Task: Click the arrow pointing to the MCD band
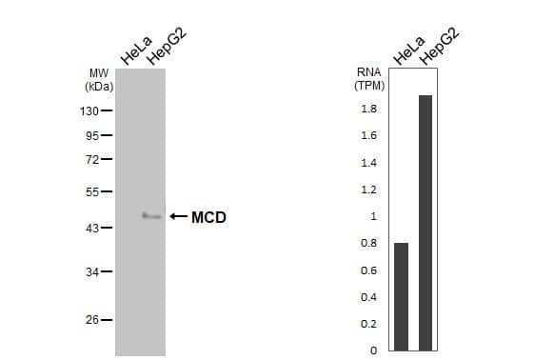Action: point(178,217)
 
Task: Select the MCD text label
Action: point(208,217)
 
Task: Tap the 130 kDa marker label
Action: point(90,110)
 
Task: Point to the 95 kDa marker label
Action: point(92,135)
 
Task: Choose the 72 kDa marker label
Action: point(92,159)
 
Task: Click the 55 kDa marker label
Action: point(92,192)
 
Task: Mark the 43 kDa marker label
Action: point(92,228)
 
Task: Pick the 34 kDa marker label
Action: point(92,272)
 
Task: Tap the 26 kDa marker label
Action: point(92,320)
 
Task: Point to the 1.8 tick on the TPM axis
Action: point(368,110)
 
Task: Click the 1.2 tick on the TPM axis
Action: point(368,190)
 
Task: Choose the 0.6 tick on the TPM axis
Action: point(368,270)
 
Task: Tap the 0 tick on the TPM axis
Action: point(372,350)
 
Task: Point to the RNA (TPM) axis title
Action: point(368,78)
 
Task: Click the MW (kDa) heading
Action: point(99,79)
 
